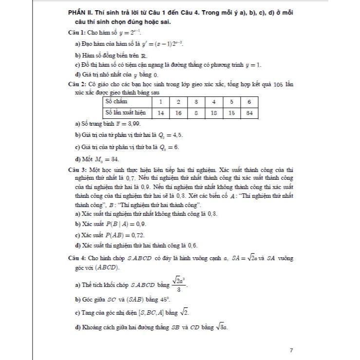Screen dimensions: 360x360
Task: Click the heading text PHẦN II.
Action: (x=80, y=12)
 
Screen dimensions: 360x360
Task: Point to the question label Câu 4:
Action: (x=78, y=258)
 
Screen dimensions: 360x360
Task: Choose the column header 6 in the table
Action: (x=249, y=102)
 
